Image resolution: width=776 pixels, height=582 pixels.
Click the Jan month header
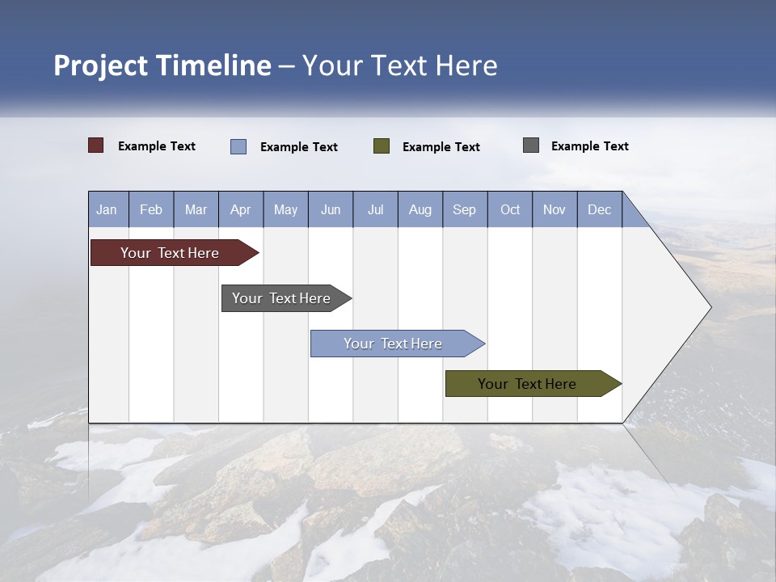[x=108, y=209]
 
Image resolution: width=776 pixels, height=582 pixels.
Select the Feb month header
[x=151, y=209]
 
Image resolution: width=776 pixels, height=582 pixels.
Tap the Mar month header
[x=196, y=209]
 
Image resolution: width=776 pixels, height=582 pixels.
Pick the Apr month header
[x=241, y=209]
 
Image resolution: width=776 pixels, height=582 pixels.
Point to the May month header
[x=285, y=209]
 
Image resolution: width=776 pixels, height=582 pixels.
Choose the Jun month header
[x=331, y=209]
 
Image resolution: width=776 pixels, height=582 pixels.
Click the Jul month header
[x=375, y=209]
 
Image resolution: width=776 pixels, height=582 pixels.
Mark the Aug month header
[x=420, y=209]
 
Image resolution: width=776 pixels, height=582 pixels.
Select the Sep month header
[x=465, y=209]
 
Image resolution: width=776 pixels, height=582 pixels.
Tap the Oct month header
[x=510, y=209]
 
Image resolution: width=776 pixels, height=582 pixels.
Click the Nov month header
[x=555, y=209]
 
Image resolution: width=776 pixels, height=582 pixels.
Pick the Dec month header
[x=600, y=209]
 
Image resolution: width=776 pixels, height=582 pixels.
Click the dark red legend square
[x=96, y=145]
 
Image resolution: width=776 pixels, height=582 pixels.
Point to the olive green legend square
[x=382, y=145]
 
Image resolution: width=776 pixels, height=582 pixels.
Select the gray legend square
[x=531, y=145]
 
